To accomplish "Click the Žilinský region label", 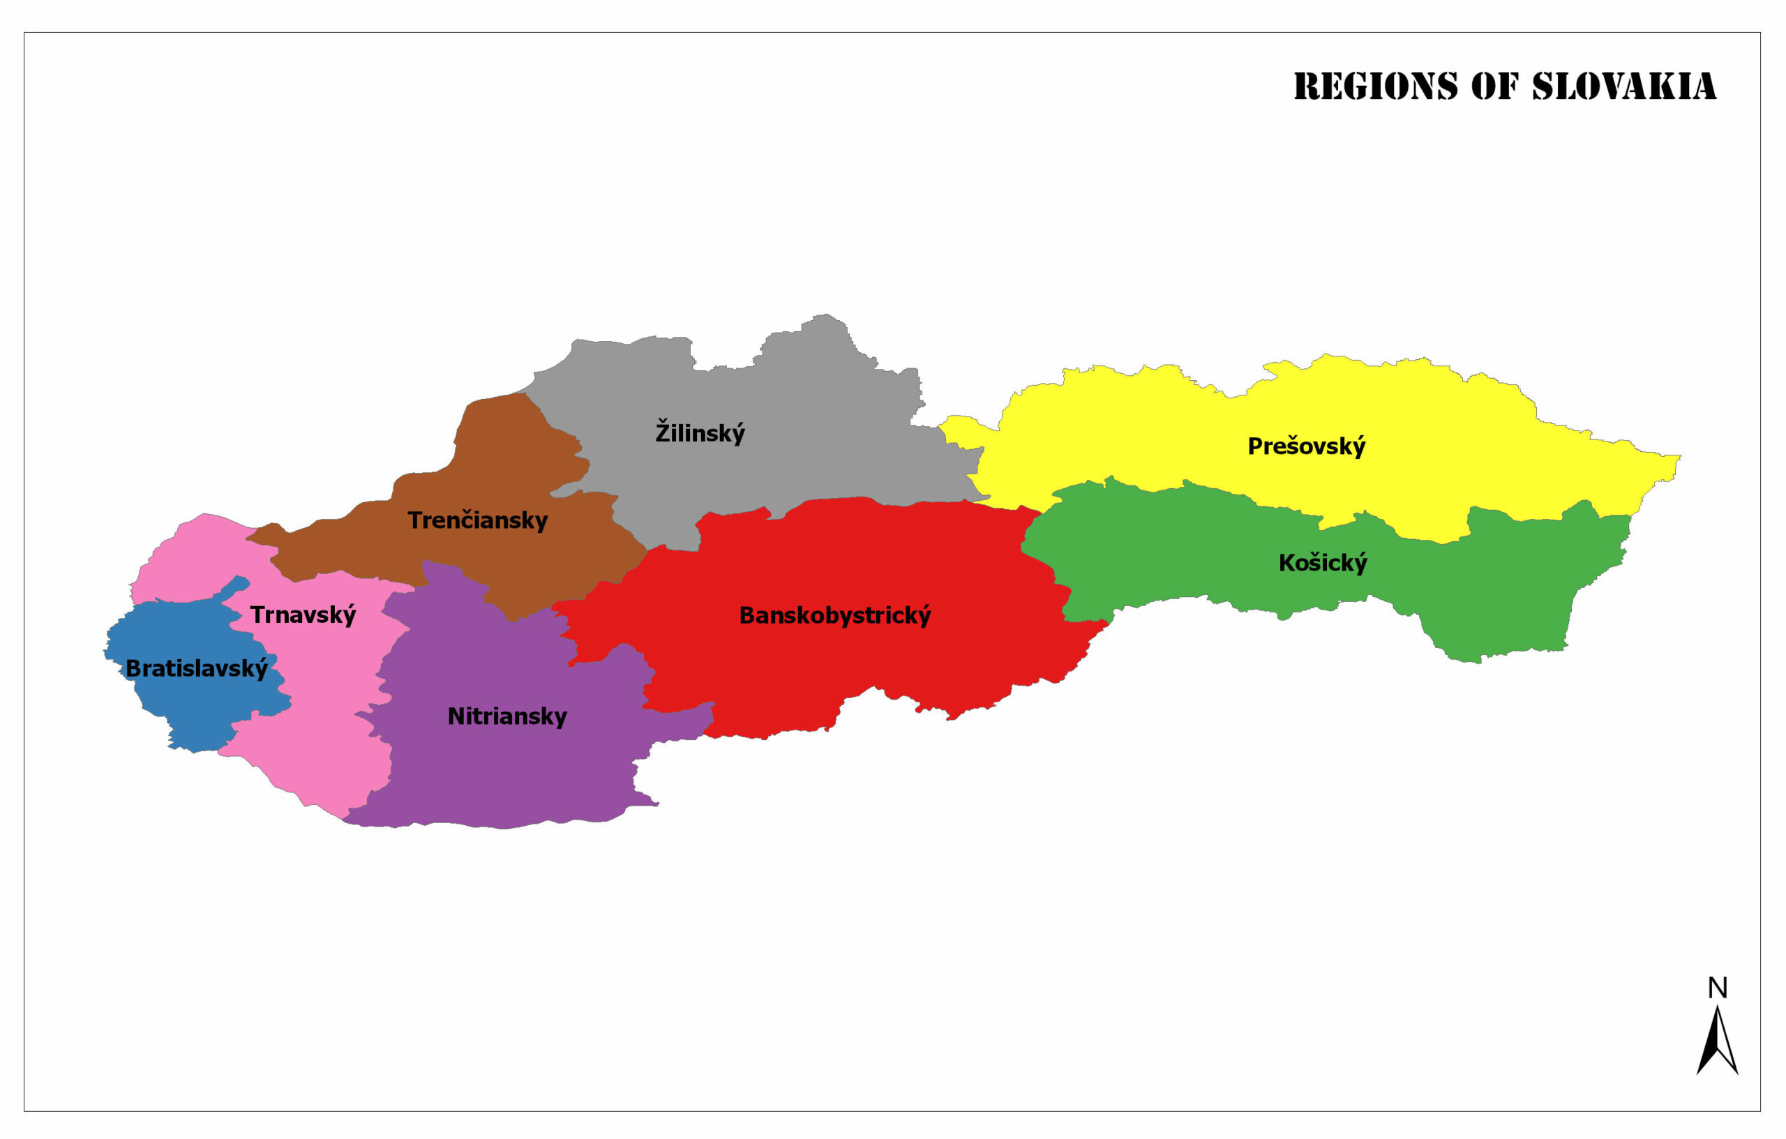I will tap(700, 432).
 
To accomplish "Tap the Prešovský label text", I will tap(1305, 446).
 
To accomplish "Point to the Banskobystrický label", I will tap(834, 615).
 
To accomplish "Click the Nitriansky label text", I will tap(506, 716).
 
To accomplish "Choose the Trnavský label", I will tap(303, 614).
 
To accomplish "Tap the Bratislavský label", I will tap(197, 669).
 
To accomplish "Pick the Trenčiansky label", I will tap(477, 520).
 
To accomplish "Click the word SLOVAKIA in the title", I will tap(1623, 86).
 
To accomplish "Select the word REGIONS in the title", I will tap(1375, 86).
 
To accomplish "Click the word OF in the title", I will tap(1494, 86).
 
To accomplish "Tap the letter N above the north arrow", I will tap(1717, 988).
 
